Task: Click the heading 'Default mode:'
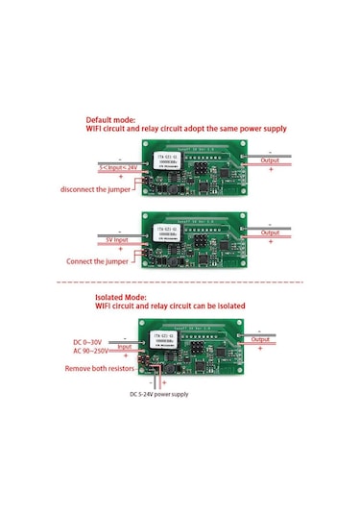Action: (112, 119)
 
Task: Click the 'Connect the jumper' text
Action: (94, 261)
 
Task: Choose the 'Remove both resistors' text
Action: (97, 367)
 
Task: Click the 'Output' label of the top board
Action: (272, 160)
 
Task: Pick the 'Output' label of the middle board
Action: (272, 233)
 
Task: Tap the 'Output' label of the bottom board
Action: (261, 340)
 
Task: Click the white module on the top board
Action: (170, 161)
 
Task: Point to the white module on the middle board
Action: (170, 233)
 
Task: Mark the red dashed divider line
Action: (180, 282)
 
